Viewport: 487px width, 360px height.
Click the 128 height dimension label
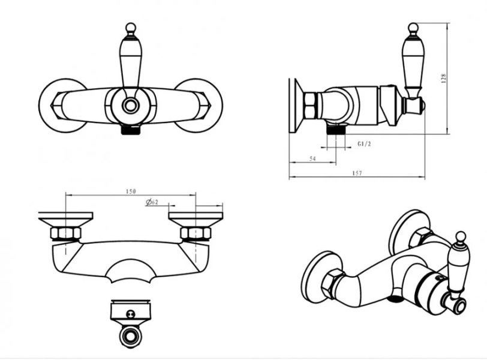point(443,78)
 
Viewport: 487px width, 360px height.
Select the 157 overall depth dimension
point(357,173)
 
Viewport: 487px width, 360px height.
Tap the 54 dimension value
point(312,159)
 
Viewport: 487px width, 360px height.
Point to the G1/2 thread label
point(364,144)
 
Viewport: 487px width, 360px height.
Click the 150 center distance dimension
point(131,191)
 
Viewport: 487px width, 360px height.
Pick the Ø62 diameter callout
point(152,202)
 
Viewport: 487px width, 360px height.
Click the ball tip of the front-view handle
point(131,28)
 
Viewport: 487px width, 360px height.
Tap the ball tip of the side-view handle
point(413,28)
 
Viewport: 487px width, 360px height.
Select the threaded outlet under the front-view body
point(131,129)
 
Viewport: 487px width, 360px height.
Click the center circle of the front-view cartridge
point(131,106)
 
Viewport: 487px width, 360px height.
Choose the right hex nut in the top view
point(196,233)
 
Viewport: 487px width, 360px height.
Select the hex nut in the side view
point(310,106)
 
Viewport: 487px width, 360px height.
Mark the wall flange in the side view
point(296,106)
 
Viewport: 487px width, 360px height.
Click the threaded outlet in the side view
point(335,128)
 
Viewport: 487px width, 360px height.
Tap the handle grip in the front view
point(131,64)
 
